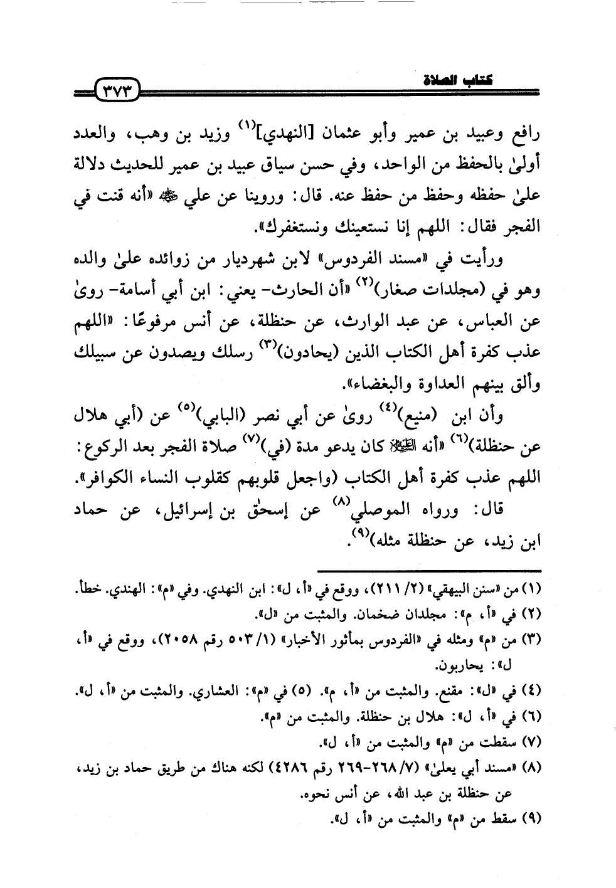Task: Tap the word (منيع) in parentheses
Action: pyautogui.click(x=427, y=418)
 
